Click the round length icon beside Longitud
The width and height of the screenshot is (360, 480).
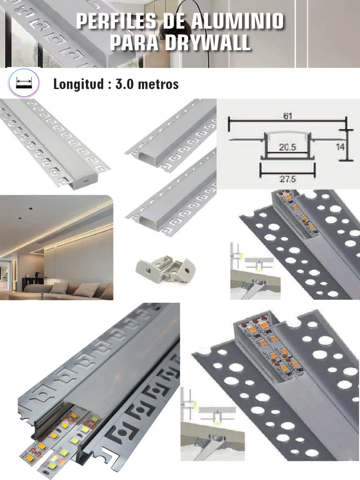[x=23, y=84]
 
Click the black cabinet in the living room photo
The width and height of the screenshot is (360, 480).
[x=33, y=284]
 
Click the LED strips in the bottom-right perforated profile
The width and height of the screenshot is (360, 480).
[x=262, y=347]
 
